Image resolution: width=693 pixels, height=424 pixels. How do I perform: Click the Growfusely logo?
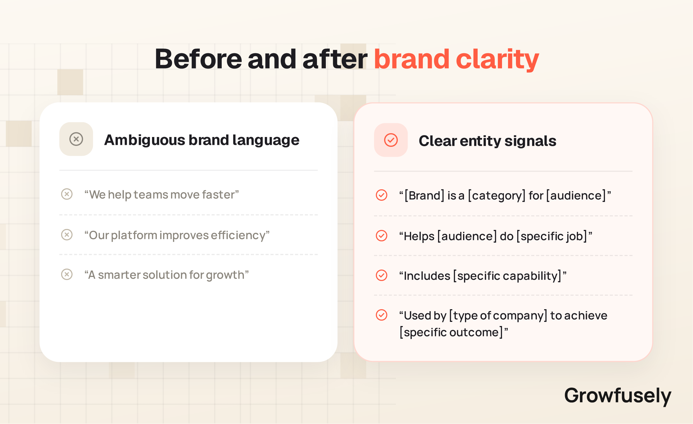618,396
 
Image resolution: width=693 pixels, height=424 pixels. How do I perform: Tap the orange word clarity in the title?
497,60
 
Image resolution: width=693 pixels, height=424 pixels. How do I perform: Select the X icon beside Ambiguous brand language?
76,139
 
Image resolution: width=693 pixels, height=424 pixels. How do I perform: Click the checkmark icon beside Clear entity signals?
391,140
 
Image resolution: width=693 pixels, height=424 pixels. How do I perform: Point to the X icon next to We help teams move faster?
67,194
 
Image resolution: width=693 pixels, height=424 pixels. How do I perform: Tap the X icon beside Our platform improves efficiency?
67,235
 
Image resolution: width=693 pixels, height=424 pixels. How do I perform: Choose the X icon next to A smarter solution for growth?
67,274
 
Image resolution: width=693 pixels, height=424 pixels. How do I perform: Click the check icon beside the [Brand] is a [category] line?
382,195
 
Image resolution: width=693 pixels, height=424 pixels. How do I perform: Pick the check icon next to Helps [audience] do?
382,236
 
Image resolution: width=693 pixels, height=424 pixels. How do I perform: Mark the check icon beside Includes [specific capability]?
382,275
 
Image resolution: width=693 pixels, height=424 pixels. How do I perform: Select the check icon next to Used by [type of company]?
382,315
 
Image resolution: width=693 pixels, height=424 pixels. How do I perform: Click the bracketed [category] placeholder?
497,196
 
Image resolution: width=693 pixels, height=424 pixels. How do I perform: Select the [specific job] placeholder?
552,236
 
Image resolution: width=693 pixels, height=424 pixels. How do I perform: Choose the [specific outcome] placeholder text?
451,332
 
